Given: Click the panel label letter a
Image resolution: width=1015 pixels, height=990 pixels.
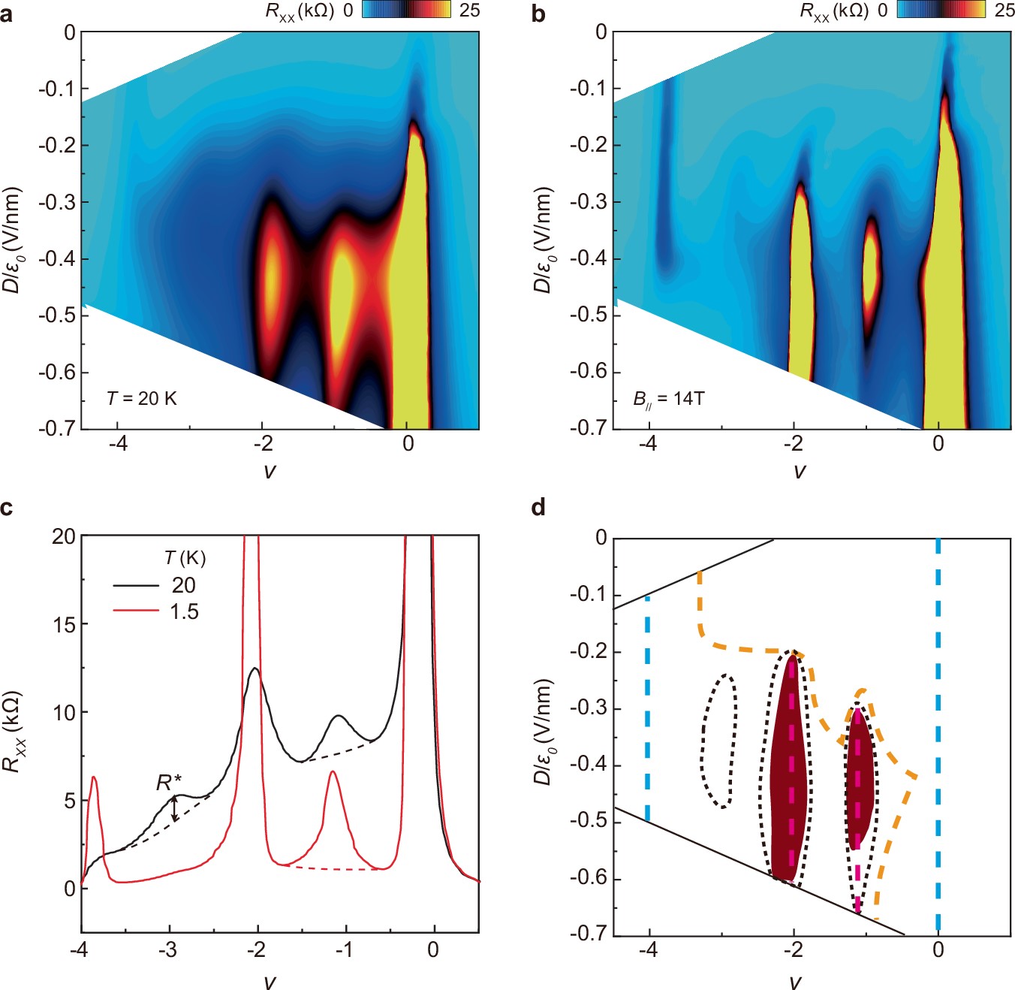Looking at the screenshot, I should coord(7,13).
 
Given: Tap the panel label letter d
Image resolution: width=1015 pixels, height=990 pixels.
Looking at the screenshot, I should coord(538,509).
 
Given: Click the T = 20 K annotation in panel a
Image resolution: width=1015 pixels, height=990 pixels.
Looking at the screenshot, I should coord(142,399).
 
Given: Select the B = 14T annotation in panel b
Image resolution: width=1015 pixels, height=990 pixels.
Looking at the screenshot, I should coord(668,400).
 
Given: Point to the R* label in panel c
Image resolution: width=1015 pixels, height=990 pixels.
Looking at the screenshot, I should coord(169,783).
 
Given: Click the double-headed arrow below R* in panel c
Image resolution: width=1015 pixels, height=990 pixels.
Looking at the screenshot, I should coord(175,808).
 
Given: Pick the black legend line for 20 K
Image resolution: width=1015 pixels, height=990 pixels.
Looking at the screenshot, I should coord(136,585).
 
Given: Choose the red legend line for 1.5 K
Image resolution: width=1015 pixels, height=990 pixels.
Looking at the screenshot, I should coord(136,611).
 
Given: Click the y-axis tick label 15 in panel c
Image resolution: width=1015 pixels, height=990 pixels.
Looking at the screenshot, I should coord(64,624).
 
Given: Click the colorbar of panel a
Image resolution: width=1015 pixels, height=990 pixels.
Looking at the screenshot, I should coord(406,10).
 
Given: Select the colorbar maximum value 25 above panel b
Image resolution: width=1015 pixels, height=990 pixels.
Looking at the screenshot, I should coord(1004,10).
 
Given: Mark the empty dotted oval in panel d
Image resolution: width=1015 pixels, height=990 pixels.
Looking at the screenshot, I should coord(718,741).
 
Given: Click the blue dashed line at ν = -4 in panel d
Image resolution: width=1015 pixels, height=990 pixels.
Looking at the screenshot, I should coord(647,706).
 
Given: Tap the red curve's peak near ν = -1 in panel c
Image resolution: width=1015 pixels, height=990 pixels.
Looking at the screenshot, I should coord(333,772).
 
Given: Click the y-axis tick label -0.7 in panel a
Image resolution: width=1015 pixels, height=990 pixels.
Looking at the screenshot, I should coord(58,428).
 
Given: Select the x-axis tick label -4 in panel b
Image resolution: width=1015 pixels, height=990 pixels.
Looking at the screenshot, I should coord(647,443).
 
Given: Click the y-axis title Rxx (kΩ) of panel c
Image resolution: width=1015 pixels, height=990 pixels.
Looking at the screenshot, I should coord(13,731).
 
